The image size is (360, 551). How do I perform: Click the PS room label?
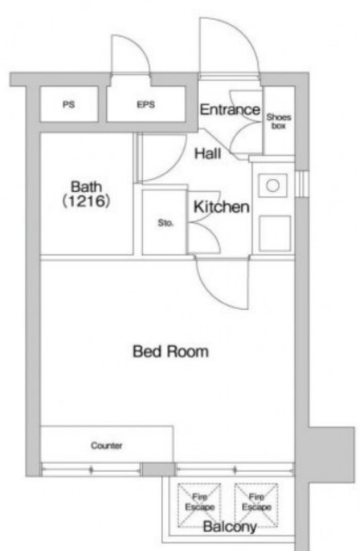[69, 104]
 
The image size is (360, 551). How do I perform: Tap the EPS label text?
[146, 104]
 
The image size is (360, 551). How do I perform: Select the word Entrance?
[230, 109]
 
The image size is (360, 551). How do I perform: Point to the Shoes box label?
[278, 121]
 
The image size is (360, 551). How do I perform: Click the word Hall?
[208, 153]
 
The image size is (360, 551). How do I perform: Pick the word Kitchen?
[221, 207]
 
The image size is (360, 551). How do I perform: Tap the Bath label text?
[86, 186]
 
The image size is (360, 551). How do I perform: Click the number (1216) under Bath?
[86, 201]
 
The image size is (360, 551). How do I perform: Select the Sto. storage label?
[165, 223]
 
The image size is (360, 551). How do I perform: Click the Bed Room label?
[171, 351]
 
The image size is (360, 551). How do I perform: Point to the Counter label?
[107, 446]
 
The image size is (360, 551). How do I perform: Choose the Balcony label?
[230, 527]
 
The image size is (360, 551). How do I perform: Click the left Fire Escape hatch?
[199, 505]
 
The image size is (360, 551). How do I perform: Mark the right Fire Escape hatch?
[257, 505]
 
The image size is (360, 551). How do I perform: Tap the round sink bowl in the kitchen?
[273, 185]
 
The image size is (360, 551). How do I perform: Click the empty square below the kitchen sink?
[275, 233]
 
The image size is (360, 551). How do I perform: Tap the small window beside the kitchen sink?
[301, 184]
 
